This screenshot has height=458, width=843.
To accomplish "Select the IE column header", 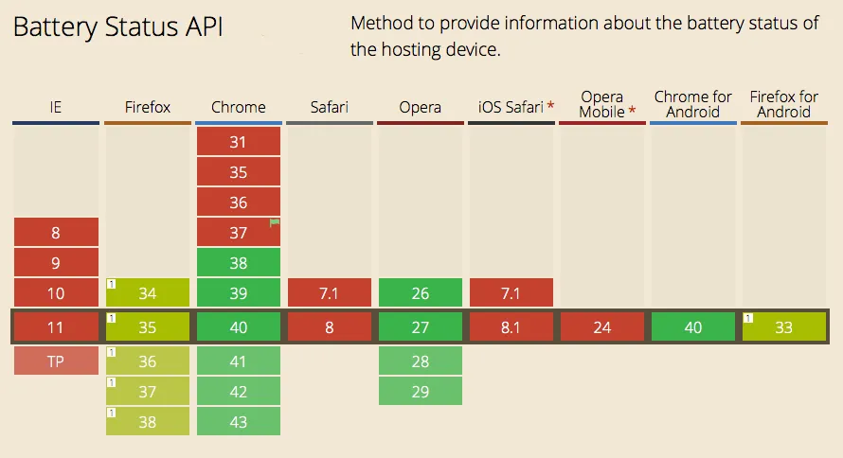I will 56,107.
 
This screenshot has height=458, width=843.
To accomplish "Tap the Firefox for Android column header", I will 783,104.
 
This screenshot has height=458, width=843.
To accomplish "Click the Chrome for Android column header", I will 692,104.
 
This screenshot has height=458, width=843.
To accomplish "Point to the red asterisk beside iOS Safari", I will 550,106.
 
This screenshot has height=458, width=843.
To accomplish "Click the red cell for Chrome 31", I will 238,142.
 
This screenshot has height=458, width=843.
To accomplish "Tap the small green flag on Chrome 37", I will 276,223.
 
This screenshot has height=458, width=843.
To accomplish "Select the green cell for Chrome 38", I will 238,263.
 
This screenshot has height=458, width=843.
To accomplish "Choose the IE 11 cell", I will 56,327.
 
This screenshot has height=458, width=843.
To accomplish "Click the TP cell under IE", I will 56,361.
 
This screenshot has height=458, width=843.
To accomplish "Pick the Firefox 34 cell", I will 148,293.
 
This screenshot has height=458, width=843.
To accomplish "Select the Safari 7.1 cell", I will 329,293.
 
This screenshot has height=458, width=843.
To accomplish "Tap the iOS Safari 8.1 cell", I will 511,327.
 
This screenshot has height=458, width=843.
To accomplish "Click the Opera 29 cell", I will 420,391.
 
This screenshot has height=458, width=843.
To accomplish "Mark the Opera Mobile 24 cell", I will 601,327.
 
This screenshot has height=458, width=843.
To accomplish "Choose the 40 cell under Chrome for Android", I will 692,327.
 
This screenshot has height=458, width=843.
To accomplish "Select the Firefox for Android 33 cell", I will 783,327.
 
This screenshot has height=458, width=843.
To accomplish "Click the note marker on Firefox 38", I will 111,412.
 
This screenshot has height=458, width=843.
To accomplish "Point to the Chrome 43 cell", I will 238,421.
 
